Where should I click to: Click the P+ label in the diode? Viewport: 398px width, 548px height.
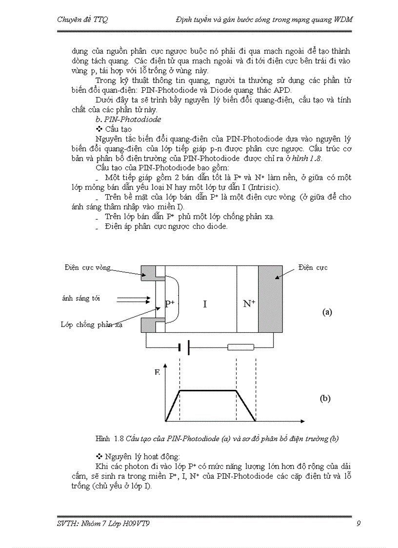pos(170,304)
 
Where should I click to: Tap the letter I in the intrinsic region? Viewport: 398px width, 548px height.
pos(205,304)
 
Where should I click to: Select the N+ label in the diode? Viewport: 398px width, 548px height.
pos(249,304)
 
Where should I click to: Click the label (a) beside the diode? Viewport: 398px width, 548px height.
pos(327,312)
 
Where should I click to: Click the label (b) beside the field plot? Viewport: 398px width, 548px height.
pos(325,398)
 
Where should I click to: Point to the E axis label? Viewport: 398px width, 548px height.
pos(157,372)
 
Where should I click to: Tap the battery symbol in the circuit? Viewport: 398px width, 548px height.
pos(184,347)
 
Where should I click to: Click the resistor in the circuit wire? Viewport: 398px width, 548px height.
pos(241,347)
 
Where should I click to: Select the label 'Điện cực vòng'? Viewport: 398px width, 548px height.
pos(87,267)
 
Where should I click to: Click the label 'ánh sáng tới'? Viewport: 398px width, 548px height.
pos(81,298)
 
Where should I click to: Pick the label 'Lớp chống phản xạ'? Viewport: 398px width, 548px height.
pos(91,325)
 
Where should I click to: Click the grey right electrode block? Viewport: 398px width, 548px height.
pos(270,300)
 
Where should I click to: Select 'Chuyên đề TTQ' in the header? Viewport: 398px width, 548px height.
pos(82,20)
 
